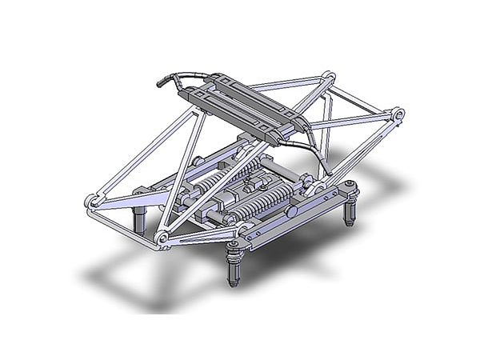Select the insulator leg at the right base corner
click(x=350, y=210)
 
